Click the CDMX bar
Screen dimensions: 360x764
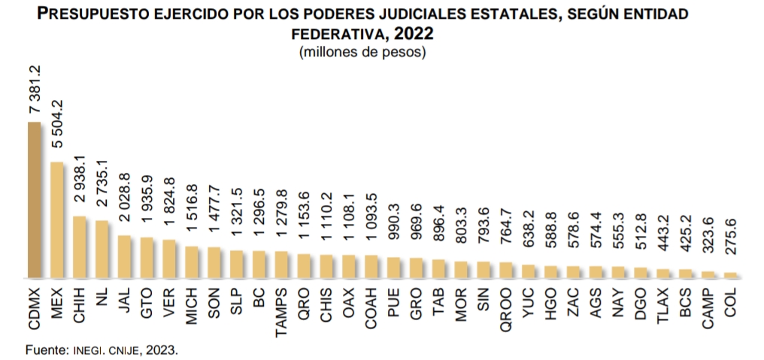point(35,200)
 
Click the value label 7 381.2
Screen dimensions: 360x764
point(35,90)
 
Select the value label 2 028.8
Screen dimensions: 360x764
point(124,204)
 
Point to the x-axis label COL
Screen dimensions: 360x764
point(730,301)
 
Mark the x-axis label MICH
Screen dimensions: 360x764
point(192,304)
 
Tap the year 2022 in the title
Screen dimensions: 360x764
point(414,34)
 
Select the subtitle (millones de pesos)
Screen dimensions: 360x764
point(362,53)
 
